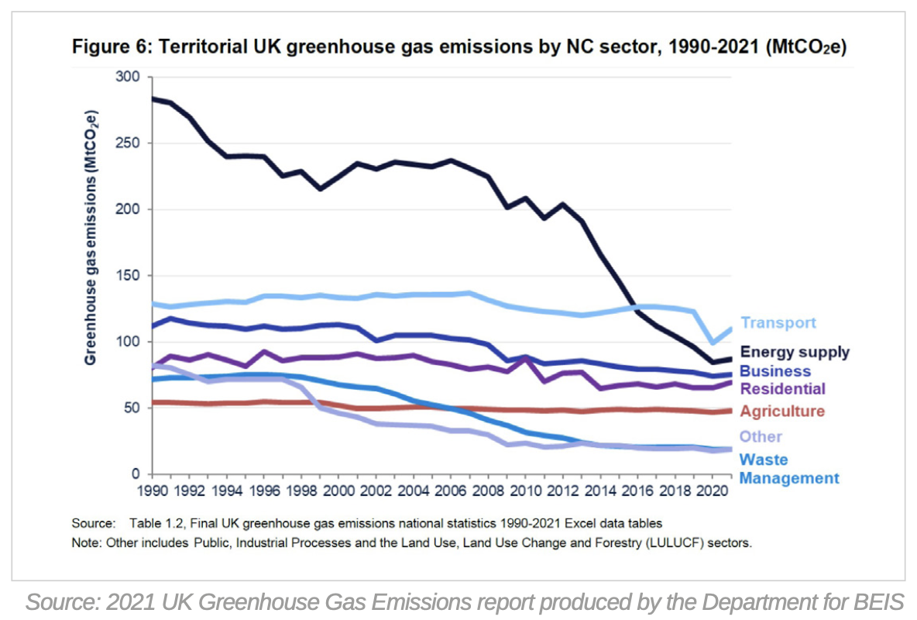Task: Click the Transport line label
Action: pyautogui.click(x=778, y=323)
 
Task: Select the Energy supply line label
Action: pyautogui.click(x=795, y=352)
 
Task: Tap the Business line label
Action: pyautogui.click(x=775, y=371)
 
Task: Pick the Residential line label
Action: pyautogui.click(x=782, y=388)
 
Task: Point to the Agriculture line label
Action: pyautogui.click(x=782, y=412)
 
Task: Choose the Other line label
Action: pyautogui.click(x=761, y=437)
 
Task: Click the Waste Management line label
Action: pyautogui.click(x=788, y=469)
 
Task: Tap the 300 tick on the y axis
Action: pyautogui.click(x=128, y=77)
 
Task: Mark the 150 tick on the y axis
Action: pyautogui.click(x=128, y=276)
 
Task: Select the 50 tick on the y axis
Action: pyautogui.click(x=132, y=408)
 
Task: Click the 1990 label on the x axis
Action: pyautogui.click(x=152, y=491)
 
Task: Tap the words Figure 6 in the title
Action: pyautogui.click(x=111, y=47)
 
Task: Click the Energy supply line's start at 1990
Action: pyautogui.click(x=153, y=98)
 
